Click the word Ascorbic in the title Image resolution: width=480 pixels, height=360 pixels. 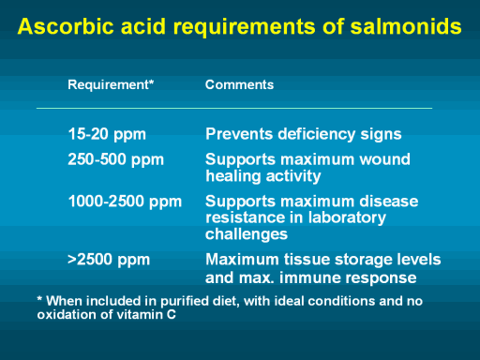click(x=66, y=26)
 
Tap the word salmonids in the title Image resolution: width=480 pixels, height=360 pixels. click(x=406, y=26)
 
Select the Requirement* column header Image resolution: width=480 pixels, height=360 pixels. click(x=111, y=85)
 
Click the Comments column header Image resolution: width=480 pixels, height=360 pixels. click(x=239, y=84)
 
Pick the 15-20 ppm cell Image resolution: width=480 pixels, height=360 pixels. click(x=107, y=135)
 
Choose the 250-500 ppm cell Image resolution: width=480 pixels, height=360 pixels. click(x=116, y=160)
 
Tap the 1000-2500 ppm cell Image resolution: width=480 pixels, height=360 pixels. click(x=125, y=202)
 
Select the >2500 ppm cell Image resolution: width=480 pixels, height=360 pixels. click(x=109, y=260)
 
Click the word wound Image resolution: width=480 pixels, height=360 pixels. click(x=384, y=159)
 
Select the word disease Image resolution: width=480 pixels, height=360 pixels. click(x=389, y=202)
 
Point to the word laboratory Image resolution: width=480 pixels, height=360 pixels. click(x=347, y=218)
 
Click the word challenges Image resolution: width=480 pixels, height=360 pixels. click(x=247, y=234)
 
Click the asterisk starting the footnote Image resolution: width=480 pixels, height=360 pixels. click(x=39, y=298)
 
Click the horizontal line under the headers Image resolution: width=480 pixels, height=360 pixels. click(x=234, y=108)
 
